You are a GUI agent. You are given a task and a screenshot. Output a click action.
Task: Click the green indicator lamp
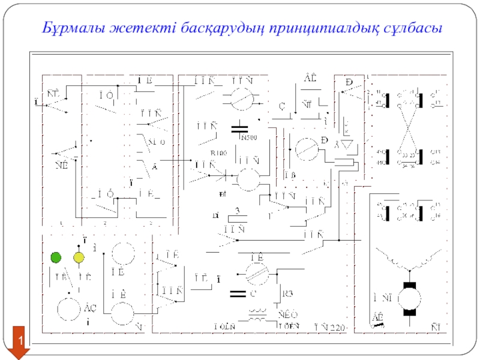point(56,258)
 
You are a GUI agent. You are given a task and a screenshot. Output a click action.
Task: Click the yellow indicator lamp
point(79,258)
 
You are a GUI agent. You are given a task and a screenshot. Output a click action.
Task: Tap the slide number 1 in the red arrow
point(20,341)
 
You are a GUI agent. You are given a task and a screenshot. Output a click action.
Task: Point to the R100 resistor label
point(219,153)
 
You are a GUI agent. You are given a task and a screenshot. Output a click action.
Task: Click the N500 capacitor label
point(249,138)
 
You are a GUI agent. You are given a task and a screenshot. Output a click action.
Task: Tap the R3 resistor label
point(289,293)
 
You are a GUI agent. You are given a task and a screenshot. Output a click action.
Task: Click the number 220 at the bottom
point(337,328)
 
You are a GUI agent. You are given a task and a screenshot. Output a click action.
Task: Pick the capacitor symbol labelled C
point(238,293)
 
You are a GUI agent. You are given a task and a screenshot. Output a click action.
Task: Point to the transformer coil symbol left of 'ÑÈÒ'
point(258,317)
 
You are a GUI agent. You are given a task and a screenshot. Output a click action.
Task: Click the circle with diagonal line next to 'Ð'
point(307,146)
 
